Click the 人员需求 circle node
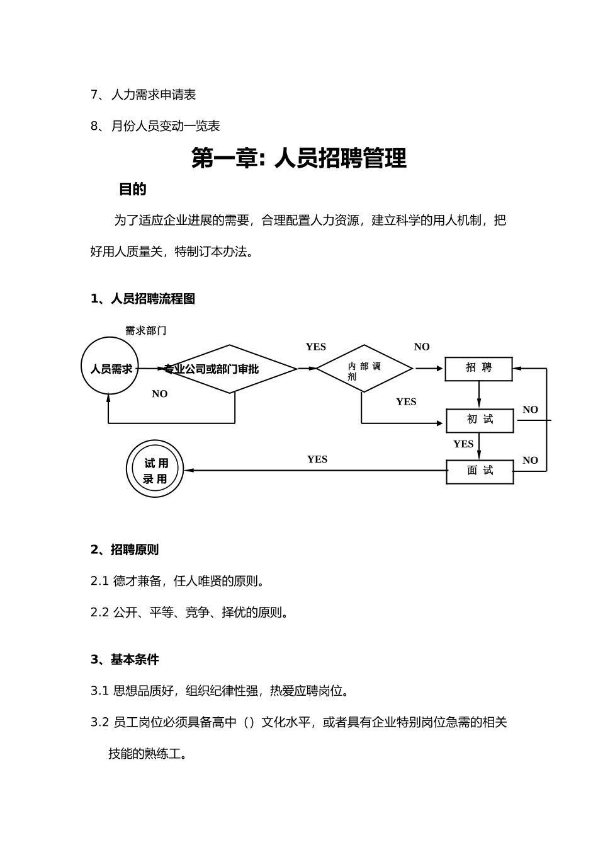110,366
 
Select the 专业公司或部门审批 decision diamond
230,369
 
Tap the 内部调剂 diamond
364,369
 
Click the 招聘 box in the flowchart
478,369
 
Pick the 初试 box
480,420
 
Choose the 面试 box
480,471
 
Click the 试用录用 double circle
155,469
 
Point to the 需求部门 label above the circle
145,330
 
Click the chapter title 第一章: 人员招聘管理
299,158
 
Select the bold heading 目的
133,189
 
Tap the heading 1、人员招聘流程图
143,299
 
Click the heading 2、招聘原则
125,550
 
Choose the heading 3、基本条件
125,660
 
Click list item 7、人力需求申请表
144,95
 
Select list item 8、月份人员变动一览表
155,126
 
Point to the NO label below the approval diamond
160,394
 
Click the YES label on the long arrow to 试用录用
317,459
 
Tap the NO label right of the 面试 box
530,461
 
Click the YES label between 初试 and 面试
463,444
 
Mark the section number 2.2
99,613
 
